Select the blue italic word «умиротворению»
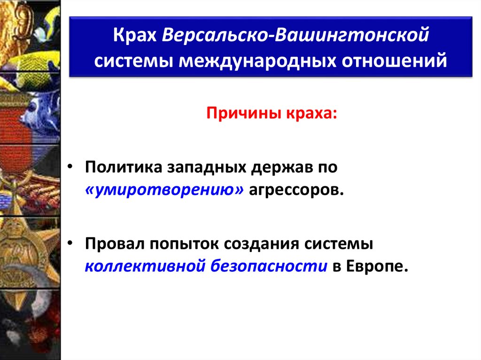coord(164,191)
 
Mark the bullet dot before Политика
coord(70,168)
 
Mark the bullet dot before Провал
coord(70,244)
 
